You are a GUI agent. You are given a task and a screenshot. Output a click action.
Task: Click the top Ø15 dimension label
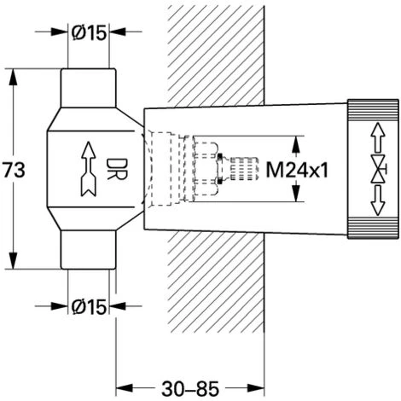(x=89, y=32)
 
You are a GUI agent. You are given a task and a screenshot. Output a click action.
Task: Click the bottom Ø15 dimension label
(x=89, y=307)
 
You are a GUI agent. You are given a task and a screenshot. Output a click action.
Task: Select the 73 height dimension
(x=14, y=171)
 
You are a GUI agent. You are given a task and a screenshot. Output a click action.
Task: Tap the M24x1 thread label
(x=297, y=171)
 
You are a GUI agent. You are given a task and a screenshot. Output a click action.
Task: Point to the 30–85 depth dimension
(x=190, y=389)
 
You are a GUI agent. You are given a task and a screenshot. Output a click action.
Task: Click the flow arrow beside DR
(x=89, y=169)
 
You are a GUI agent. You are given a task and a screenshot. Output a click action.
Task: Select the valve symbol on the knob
(x=378, y=169)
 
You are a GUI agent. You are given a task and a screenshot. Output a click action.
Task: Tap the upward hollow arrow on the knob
(x=377, y=137)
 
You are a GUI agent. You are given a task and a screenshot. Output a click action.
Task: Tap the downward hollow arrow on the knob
(x=377, y=200)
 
